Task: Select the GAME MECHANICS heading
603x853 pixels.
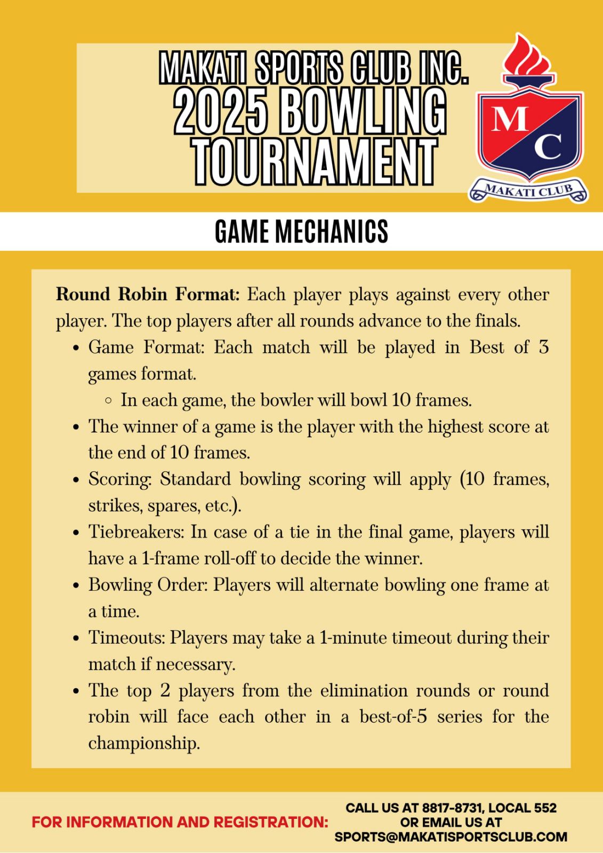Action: tap(301, 231)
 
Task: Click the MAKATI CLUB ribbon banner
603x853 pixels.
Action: tap(528, 191)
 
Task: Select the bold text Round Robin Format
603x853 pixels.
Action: tap(148, 294)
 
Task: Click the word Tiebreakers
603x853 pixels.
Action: tap(135, 532)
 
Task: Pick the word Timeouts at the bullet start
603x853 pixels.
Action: tap(126, 638)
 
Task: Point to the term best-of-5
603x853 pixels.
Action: tap(393, 717)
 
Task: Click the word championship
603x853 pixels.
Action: tap(143, 743)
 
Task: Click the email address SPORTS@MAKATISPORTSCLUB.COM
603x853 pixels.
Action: tap(451, 837)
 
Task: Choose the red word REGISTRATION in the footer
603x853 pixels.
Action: tap(270, 822)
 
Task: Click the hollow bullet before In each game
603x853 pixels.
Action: tap(109, 400)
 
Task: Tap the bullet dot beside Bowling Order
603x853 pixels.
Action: tap(76, 586)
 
